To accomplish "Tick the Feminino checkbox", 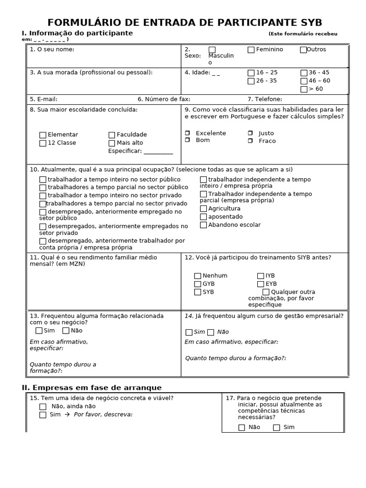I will click(251, 50).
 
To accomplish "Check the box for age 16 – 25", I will click(251, 73).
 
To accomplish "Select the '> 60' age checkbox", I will click(304, 89).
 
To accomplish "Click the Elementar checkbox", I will click(43, 135).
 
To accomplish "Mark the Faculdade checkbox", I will click(112, 135).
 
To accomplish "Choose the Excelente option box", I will click(187, 133).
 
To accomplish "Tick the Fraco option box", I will click(250, 141).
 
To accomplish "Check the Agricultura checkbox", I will click(203, 209).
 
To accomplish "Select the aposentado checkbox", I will click(203, 217).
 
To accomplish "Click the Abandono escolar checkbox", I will click(203, 225).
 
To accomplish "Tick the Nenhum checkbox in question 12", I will click(198, 276).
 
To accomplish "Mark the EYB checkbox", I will click(261, 284).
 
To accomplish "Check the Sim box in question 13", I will click(39, 331).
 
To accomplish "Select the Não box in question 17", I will click(242, 427).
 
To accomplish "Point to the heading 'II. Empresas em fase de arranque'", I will click(92, 387).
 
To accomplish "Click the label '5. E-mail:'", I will click(43, 99).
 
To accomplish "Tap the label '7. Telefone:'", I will click(264, 99).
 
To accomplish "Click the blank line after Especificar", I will click(158, 152).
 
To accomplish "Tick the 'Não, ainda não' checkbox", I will click(43, 407).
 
